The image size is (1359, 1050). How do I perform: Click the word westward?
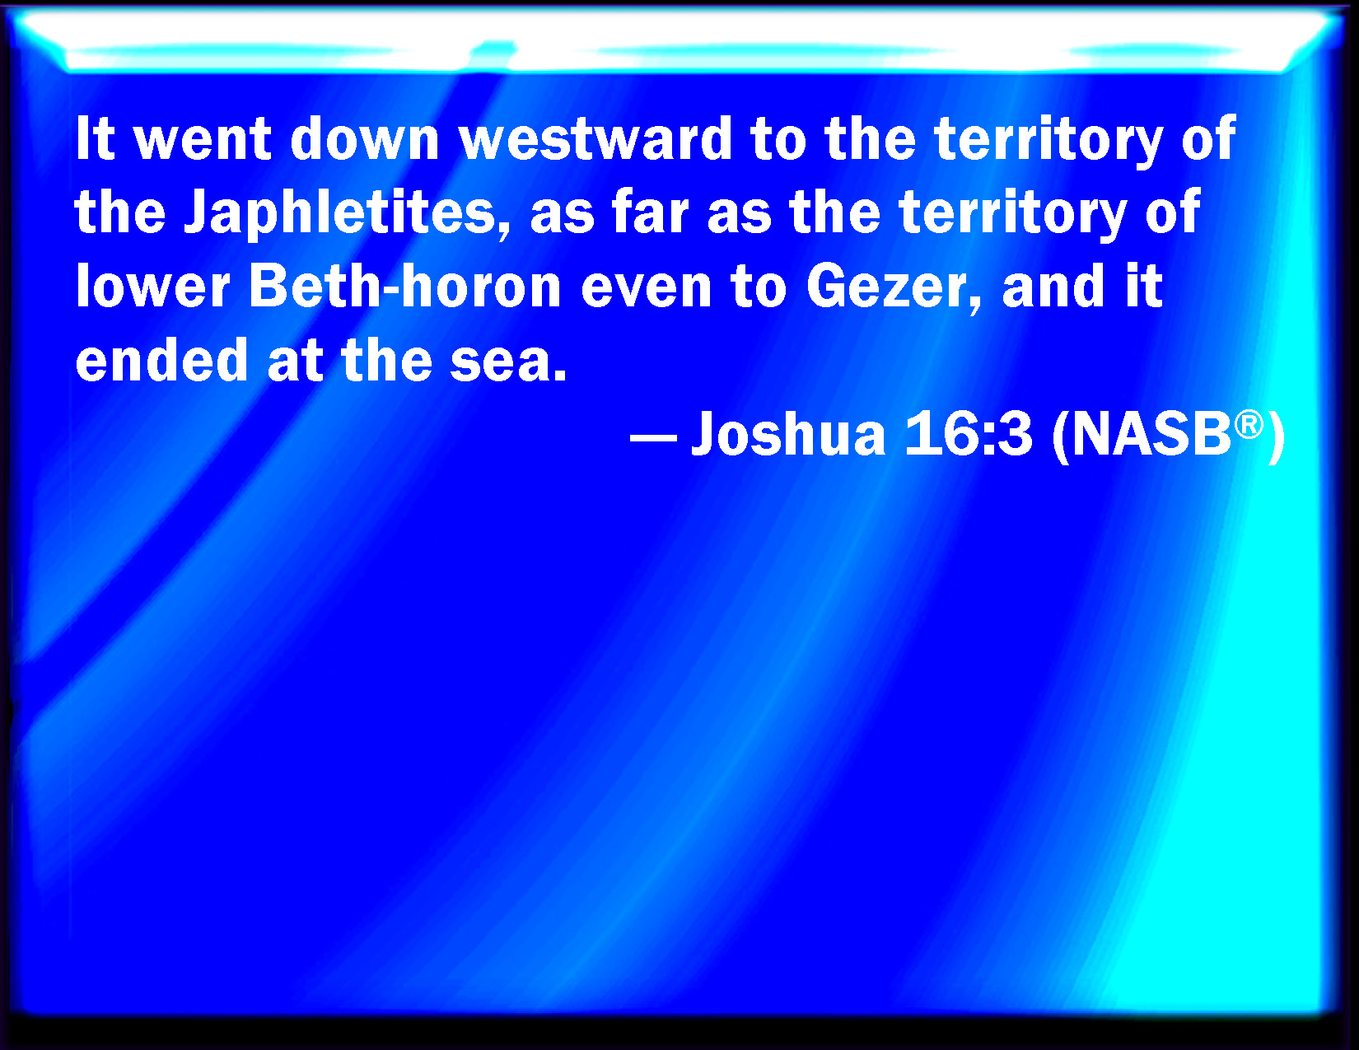(x=596, y=139)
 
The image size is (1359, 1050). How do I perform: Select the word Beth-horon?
(x=405, y=287)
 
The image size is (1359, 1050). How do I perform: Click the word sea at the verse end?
(x=502, y=362)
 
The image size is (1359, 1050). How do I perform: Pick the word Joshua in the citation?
(x=789, y=434)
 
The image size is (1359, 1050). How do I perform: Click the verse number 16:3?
(x=968, y=434)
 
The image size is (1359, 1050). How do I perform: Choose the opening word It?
(x=95, y=139)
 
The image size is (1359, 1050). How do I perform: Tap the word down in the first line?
(x=365, y=139)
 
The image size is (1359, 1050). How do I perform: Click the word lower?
(x=152, y=287)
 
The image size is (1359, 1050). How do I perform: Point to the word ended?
(x=161, y=360)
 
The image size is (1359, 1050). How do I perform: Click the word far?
(x=651, y=212)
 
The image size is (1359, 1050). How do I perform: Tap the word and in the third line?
(x=1053, y=287)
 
